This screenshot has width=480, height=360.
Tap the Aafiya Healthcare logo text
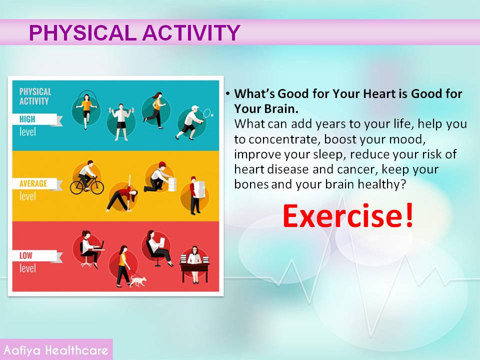tap(56, 350)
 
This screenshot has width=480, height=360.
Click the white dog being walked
tap(138, 280)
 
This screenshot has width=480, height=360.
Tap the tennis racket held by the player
tap(207, 113)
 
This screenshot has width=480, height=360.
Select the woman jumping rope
tap(86, 110)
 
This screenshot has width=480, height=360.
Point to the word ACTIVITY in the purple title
tap(191, 33)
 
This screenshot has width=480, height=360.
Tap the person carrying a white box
tap(196, 195)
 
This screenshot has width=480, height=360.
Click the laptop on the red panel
tap(100, 246)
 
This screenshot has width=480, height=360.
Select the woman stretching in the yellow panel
tap(122, 195)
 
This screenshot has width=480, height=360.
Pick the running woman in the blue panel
tap(155, 109)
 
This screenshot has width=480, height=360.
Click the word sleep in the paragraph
tap(329, 154)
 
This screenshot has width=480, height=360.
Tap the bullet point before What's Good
tap(228, 93)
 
